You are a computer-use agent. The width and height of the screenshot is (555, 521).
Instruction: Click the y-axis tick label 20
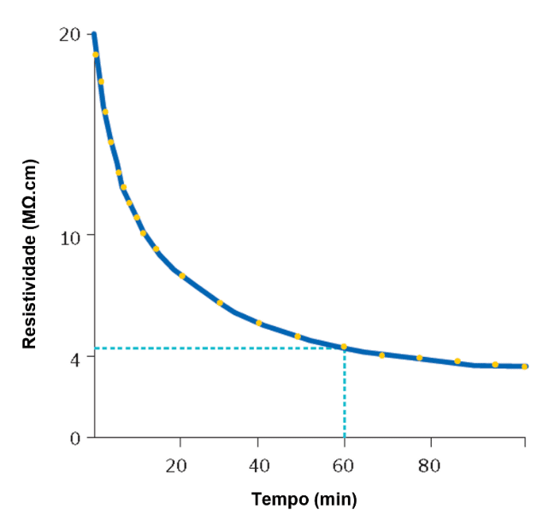pyautogui.click(x=70, y=34)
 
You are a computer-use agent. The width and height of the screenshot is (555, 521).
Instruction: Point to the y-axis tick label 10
pyautogui.click(x=70, y=235)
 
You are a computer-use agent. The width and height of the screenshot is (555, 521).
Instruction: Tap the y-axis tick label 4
pyautogui.click(x=75, y=358)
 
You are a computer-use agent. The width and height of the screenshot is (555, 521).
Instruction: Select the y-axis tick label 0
pyautogui.click(x=75, y=438)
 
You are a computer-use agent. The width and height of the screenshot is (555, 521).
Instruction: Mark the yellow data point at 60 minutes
pyautogui.click(x=344, y=347)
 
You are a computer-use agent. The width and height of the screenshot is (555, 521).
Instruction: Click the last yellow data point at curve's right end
pyautogui.click(x=524, y=366)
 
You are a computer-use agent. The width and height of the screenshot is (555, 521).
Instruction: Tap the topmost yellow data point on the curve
pyautogui.click(x=96, y=55)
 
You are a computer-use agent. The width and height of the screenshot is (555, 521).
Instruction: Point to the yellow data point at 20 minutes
pyautogui.click(x=181, y=276)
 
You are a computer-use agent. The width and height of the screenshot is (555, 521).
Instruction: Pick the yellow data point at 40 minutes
pyautogui.click(x=259, y=323)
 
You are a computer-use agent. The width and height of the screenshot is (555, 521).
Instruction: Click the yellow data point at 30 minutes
pyautogui.click(x=220, y=302)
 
